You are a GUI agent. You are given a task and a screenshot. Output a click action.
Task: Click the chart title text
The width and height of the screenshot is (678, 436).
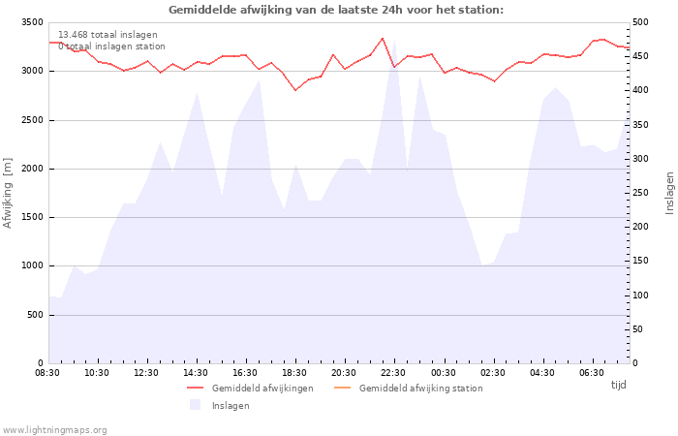click(336, 10)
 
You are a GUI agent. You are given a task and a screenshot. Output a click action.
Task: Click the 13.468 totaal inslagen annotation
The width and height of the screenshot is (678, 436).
click(108, 35)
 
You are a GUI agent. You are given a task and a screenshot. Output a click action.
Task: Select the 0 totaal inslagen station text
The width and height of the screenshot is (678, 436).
click(111, 47)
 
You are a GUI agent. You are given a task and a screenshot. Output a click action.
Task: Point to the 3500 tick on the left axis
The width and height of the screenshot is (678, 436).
click(32, 22)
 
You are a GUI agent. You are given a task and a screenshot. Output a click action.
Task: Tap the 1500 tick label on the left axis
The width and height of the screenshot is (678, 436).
click(32, 217)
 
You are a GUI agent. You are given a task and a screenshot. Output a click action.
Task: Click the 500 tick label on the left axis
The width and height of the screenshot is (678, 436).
click(35, 315)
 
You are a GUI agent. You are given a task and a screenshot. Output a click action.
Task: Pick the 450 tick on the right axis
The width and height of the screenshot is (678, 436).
click(640, 56)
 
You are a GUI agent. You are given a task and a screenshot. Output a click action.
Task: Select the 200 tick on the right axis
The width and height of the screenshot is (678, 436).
click(640, 227)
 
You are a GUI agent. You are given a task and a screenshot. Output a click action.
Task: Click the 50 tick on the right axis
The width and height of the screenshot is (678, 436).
click(637, 329)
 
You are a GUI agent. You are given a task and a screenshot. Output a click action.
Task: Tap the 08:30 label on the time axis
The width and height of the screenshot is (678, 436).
click(47, 373)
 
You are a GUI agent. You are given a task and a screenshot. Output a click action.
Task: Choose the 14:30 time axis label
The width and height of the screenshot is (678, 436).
click(196, 373)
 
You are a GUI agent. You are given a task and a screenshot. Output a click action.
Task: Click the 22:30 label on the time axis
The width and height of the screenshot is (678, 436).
click(393, 373)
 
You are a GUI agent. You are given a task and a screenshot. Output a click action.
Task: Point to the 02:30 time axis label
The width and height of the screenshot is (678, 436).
click(492, 373)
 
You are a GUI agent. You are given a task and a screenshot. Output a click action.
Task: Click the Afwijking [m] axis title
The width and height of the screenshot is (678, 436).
click(8, 193)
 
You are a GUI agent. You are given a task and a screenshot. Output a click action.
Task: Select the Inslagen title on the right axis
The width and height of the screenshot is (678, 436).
click(670, 193)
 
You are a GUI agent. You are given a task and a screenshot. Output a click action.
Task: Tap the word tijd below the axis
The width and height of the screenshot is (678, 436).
click(618, 385)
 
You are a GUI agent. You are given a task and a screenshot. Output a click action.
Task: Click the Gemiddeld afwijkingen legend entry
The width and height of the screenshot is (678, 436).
click(250, 388)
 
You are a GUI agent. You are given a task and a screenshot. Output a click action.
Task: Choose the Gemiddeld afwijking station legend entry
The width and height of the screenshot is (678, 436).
click(409, 388)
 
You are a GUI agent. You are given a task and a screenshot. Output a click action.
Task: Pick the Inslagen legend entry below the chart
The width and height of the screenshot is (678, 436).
click(220, 405)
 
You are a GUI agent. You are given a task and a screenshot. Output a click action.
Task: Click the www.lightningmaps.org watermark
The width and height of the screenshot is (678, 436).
click(54, 430)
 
